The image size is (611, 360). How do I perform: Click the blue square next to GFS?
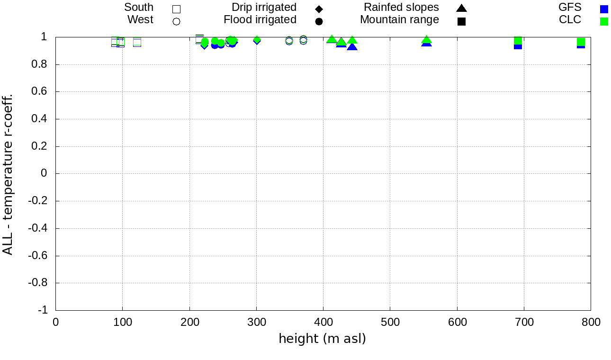click(604, 9)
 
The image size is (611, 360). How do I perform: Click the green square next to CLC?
click(604, 21)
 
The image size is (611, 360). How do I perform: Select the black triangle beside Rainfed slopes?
click(461, 8)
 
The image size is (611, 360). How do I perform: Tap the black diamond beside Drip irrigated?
click(319, 9)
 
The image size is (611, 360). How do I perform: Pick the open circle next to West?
click(176, 21)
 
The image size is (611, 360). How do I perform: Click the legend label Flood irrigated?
click(260, 20)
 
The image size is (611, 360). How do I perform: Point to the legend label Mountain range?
click(399, 20)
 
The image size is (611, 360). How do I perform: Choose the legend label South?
click(139, 8)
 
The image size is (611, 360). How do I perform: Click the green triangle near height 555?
click(426, 40)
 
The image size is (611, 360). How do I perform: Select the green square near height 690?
click(518, 41)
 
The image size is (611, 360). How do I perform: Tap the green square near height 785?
click(581, 42)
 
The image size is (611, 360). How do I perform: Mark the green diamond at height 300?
click(257, 40)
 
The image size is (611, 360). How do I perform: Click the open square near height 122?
click(137, 42)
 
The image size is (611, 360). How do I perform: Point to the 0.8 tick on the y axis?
click(56, 64)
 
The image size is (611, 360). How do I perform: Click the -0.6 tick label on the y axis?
click(38, 256)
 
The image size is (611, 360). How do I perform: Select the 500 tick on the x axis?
click(390, 310)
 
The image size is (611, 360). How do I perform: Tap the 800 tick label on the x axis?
click(591, 323)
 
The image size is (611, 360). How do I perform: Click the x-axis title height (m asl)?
click(322, 339)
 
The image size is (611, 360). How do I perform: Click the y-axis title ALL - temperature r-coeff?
click(8, 174)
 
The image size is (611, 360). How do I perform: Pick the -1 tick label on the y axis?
click(42, 310)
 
